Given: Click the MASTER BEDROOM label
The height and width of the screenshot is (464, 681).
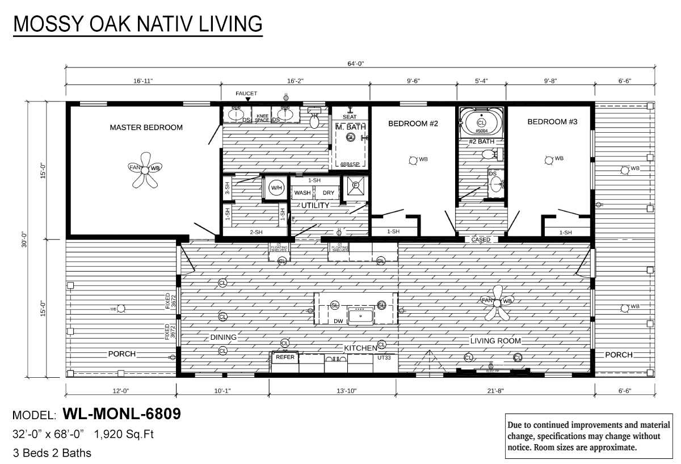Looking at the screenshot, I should click(x=146, y=128).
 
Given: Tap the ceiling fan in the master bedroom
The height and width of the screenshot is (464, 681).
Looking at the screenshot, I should click(x=145, y=169).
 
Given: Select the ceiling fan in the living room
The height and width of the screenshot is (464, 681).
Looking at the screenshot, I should click(x=498, y=301).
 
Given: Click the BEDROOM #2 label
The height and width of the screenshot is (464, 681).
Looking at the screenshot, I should click(x=413, y=123).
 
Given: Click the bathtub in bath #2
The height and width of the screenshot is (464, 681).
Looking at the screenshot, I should click(x=481, y=122).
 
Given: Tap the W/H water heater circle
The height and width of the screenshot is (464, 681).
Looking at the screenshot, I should click(x=276, y=188).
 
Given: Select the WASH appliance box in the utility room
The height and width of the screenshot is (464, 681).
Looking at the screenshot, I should click(x=302, y=193).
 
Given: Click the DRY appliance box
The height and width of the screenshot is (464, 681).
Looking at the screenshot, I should click(x=329, y=193).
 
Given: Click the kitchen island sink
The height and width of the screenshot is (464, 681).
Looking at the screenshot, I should click(x=360, y=315).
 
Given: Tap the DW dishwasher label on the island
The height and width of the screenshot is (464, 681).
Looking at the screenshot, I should click(x=338, y=320).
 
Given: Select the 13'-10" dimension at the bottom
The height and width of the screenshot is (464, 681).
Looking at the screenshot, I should click(x=333, y=391).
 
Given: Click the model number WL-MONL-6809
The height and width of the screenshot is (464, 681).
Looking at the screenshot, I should click(x=121, y=414).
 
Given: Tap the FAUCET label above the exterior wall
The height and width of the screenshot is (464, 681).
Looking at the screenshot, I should click(x=246, y=94).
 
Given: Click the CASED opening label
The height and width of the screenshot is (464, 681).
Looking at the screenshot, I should click(x=481, y=240).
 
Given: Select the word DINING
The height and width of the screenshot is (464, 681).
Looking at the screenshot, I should click(x=223, y=337).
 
